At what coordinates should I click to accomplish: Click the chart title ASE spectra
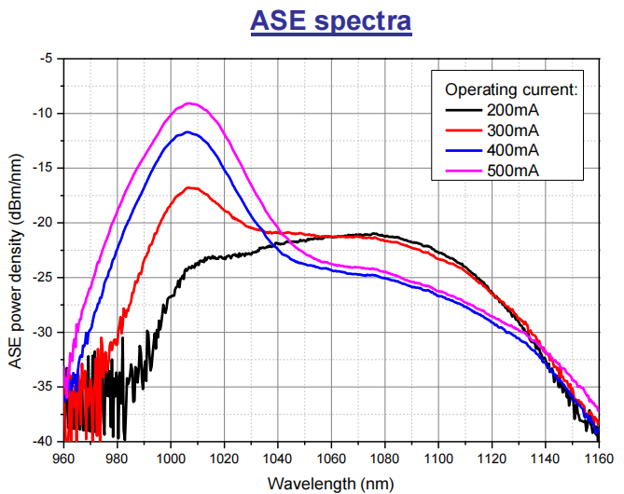(x=331, y=21)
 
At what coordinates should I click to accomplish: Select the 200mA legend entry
(x=514, y=110)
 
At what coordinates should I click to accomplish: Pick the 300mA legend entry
(x=514, y=130)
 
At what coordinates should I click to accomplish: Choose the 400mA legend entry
(x=514, y=149)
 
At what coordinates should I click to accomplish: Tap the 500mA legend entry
(x=514, y=169)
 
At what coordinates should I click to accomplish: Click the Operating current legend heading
(x=512, y=89)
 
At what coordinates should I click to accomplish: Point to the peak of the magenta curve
(x=190, y=103)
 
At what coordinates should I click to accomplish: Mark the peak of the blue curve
(x=188, y=132)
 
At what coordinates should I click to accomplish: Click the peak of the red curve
(x=192, y=188)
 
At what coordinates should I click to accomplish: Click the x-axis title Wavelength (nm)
(x=330, y=483)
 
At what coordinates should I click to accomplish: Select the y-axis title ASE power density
(x=17, y=248)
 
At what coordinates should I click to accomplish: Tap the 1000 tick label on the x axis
(x=170, y=459)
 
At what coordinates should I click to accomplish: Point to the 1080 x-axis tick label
(x=384, y=459)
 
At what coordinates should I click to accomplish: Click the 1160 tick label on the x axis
(x=598, y=459)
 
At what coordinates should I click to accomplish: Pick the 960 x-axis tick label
(x=63, y=459)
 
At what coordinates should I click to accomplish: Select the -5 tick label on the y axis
(x=47, y=58)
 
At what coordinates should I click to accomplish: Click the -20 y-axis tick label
(x=43, y=222)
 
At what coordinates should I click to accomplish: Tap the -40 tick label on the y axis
(x=43, y=440)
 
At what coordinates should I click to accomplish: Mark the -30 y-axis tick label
(x=43, y=331)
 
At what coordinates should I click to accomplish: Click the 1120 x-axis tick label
(x=492, y=459)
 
